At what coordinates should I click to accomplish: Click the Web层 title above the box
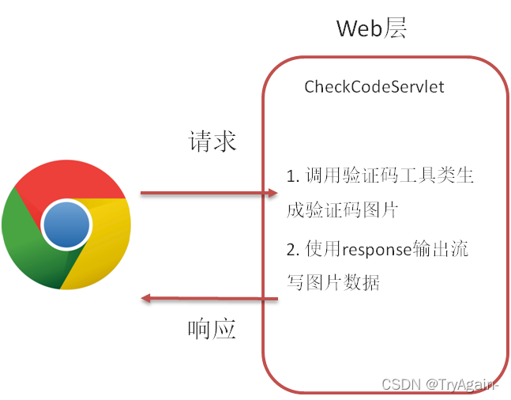point(371,28)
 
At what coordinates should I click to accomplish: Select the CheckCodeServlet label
point(374,87)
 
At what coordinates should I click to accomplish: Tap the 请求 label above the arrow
point(212,142)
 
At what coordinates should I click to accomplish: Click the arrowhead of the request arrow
point(272,192)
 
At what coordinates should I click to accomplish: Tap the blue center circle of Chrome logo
point(66,224)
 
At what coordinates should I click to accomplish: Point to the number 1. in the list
point(293,176)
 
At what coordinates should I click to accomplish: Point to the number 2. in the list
point(293,251)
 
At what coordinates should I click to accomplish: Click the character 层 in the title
point(396,28)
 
